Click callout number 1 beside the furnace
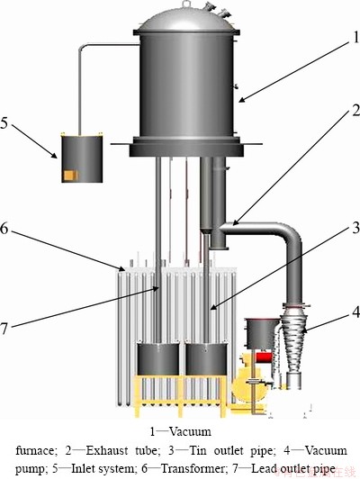click(x=356, y=38)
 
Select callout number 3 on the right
click(x=355, y=228)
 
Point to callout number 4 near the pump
click(x=355, y=312)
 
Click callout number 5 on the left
click(x=4, y=122)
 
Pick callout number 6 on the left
click(x=4, y=228)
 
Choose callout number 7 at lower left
click(x=4, y=329)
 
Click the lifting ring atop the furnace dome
click(x=185, y=4)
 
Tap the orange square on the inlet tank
click(x=69, y=175)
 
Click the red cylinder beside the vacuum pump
click(x=264, y=357)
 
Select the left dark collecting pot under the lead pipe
click(x=158, y=358)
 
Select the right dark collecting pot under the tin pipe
click(x=207, y=358)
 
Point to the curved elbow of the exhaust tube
click(x=292, y=235)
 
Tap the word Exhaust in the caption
click(x=107, y=450)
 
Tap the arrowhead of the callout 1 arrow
click(x=241, y=99)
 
